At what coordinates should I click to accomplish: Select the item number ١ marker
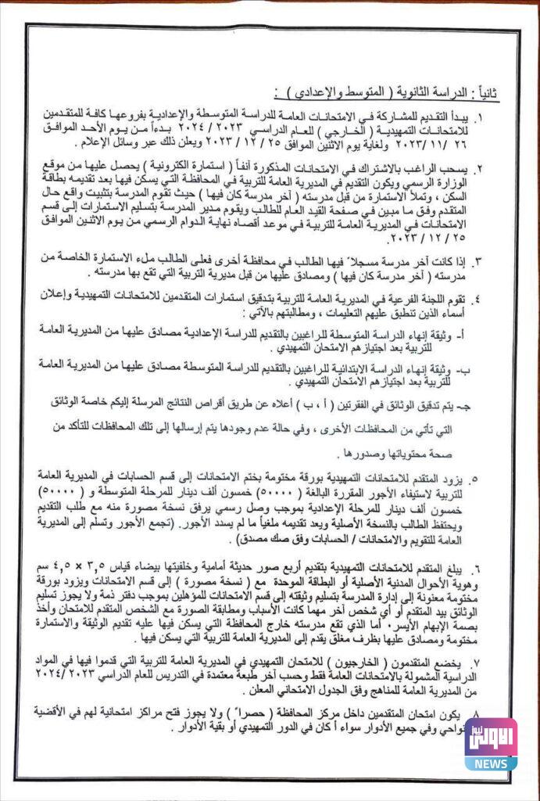click(501, 117)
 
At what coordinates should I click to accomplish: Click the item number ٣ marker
click(501, 258)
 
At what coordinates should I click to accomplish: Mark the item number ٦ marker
click(501, 564)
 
